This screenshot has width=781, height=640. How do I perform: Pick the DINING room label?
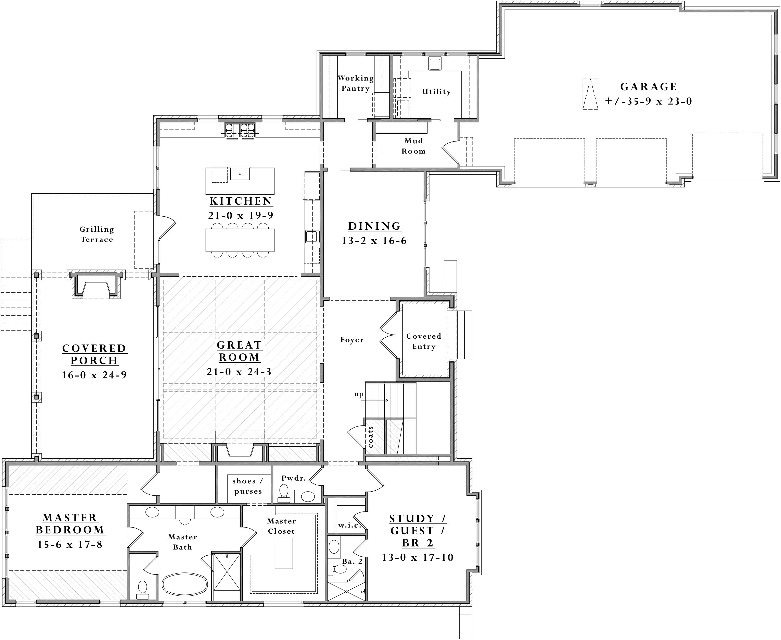point(374,226)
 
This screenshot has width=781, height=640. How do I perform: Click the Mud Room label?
point(413,146)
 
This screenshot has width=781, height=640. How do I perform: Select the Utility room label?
point(436,92)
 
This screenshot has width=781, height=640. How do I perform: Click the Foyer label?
point(352,340)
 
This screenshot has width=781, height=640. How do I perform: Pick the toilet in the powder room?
point(284,494)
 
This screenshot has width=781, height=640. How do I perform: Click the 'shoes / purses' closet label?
point(248,486)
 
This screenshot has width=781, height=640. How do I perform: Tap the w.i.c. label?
point(350,525)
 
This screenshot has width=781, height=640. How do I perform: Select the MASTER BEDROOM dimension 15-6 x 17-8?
point(70,544)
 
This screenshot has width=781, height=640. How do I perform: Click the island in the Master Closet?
point(284,553)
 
